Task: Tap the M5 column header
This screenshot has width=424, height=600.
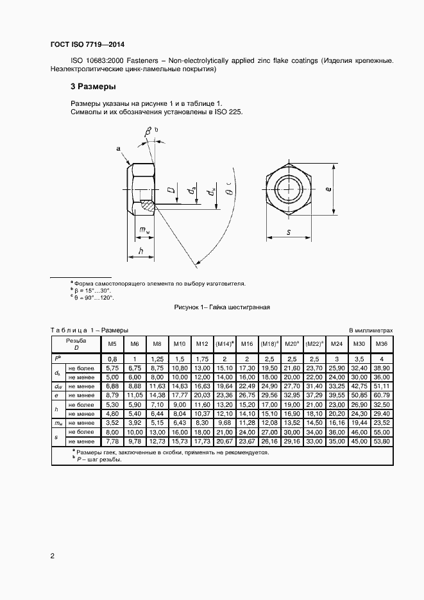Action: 112,344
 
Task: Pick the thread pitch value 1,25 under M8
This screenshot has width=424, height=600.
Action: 157,359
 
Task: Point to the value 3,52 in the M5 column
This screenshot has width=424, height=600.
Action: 112,423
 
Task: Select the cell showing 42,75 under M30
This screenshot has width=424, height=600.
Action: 359,386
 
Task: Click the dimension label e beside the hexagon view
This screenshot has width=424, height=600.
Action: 328,189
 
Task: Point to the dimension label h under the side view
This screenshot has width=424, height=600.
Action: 140,252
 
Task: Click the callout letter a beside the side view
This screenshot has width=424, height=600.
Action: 118,149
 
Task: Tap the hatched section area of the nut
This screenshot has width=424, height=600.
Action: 148,206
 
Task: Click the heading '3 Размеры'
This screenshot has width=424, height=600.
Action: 92,87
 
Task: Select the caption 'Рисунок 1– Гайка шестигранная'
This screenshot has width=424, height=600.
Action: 222,307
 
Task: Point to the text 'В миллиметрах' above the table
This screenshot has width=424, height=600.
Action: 370,330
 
